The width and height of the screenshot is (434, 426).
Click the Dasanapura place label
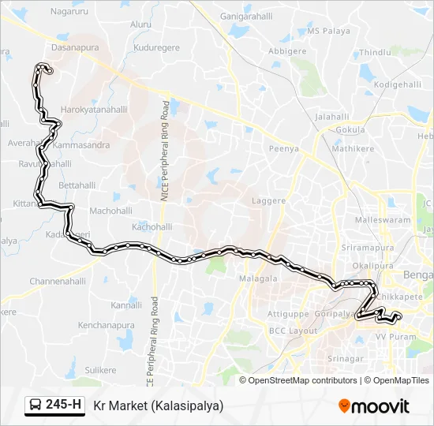pyautogui.click(x=77, y=48)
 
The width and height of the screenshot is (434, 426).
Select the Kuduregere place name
pyautogui.click(x=158, y=48)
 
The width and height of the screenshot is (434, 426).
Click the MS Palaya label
pyautogui.click(x=327, y=32)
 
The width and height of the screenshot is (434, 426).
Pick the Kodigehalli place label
pyautogui.click(x=398, y=84)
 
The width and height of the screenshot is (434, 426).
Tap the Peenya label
pyautogui.click(x=284, y=148)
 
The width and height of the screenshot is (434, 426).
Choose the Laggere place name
pyautogui.click(x=268, y=201)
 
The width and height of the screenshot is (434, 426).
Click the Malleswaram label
pyautogui.click(x=379, y=219)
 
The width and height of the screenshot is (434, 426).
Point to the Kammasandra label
pyautogui.click(x=83, y=146)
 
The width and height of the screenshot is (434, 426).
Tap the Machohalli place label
pyautogui.click(x=111, y=211)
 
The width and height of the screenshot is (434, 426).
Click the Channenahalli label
pyautogui.click(x=58, y=281)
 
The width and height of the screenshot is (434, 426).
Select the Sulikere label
pyautogui.click(x=101, y=370)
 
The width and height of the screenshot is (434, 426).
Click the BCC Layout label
pyautogui.click(x=292, y=331)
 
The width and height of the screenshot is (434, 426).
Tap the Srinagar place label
pyautogui.click(x=346, y=359)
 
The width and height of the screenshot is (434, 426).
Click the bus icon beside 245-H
pyautogui.click(x=36, y=405)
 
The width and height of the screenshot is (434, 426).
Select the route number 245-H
pyautogui.click(x=63, y=405)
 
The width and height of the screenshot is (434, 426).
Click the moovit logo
pyautogui.click(x=374, y=406)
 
